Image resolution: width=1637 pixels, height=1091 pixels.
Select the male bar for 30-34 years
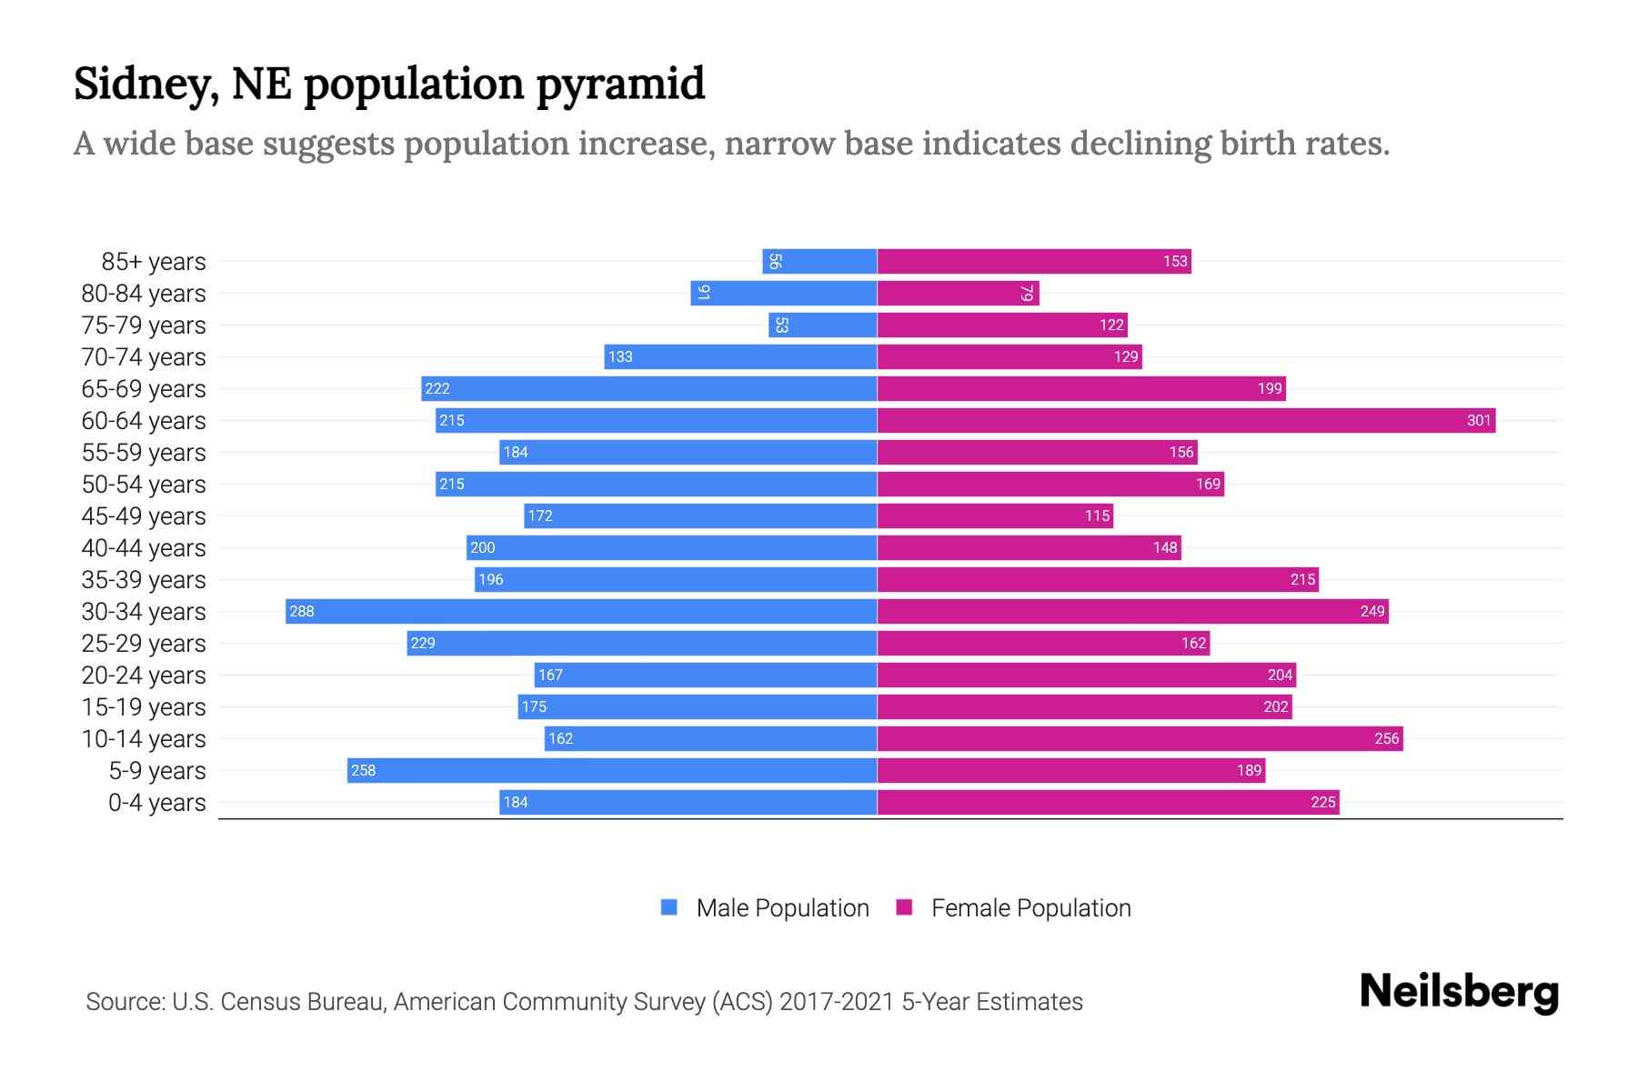point(582,611)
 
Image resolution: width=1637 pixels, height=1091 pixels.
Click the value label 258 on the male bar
point(363,770)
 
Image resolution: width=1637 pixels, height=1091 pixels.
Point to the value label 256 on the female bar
point(1386,738)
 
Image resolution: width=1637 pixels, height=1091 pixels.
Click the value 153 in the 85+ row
point(1174,261)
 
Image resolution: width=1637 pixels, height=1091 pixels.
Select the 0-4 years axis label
point(156,803)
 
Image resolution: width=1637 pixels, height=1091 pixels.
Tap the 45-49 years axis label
point(144,516)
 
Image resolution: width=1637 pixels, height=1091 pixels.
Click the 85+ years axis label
point(154,262)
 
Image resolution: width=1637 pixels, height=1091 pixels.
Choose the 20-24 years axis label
point(144,676)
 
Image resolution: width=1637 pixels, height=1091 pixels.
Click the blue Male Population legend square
point(669,907)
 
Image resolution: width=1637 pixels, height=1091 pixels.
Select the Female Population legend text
point(1030,908)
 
